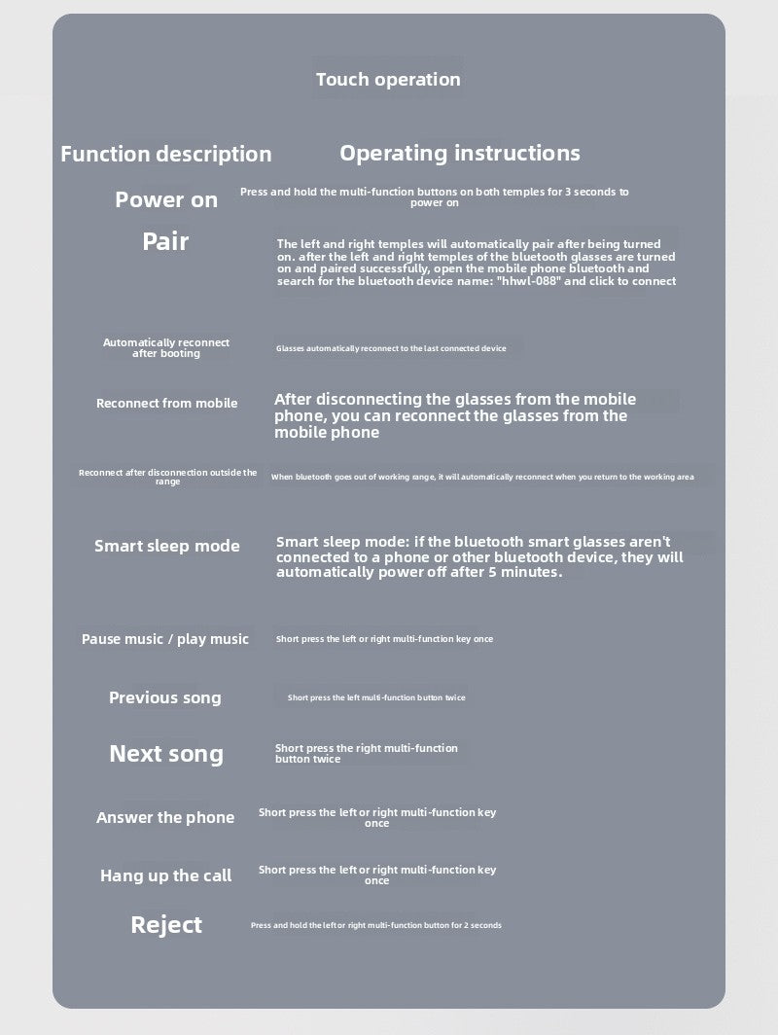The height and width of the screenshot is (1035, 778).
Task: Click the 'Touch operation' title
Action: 388,80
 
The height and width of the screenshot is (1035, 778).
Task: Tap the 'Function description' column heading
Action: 166,154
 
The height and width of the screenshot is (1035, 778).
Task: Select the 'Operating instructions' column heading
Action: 459,153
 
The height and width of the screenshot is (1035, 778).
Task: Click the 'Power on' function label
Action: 166,200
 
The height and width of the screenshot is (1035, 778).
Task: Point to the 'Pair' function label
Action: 165,241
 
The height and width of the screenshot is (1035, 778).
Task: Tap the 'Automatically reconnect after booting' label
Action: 166,348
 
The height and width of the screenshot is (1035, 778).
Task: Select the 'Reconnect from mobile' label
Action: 166,403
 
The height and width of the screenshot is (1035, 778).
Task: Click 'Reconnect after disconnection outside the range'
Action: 167,477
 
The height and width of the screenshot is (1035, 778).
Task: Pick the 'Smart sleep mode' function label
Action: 166,546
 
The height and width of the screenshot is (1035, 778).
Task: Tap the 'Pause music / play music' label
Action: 165,639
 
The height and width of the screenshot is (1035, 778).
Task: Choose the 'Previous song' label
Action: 165,697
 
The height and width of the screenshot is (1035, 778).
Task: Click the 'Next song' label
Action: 166,754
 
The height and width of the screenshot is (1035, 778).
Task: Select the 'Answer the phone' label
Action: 165,818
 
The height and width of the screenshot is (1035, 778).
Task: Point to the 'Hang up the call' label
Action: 166,875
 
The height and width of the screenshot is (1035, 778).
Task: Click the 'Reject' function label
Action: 166,924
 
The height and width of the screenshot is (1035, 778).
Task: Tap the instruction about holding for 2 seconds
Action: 376,925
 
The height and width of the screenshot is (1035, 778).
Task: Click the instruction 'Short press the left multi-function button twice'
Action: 376,697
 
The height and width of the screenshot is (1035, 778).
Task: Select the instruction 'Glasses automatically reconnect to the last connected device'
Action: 391,348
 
